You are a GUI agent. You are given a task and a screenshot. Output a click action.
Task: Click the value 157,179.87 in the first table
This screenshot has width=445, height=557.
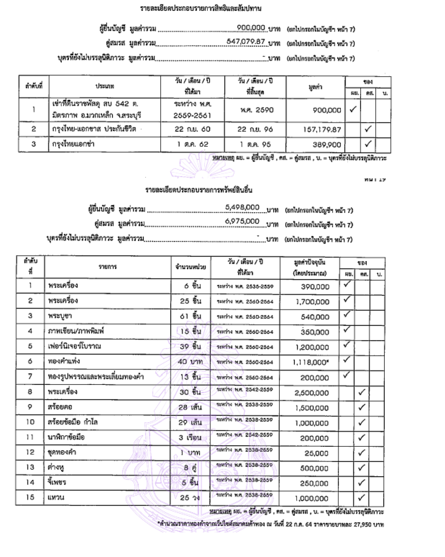[x=322, y=129]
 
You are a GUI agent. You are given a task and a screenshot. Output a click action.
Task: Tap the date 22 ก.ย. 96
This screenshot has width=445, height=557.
[x=255, y=129]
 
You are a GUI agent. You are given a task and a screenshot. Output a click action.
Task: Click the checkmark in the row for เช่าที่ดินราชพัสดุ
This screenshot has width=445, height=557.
[x=353, y=109]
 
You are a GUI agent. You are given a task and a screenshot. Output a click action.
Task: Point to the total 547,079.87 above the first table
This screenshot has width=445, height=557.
[x=245, y=42]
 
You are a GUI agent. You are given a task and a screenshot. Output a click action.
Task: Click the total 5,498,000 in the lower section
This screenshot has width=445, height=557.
[x=242, y=207]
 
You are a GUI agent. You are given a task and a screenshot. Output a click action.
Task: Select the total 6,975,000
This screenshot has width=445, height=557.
[x=242, y=221]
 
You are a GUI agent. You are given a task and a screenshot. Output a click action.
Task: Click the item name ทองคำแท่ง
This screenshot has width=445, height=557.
[x=64, y=361]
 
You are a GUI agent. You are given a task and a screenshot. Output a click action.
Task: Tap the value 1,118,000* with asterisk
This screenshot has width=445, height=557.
[x=310, y=362]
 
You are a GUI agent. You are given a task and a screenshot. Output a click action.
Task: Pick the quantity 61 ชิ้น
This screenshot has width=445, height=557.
[x=190, y=316]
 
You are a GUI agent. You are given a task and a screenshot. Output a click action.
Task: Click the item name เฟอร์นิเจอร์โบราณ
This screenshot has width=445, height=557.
[x=74, y=346]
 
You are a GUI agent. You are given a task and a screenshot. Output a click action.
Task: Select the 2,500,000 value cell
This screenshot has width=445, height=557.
[x=311, y=393]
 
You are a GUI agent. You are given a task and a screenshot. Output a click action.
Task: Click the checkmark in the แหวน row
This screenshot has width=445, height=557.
[x=361, y=497]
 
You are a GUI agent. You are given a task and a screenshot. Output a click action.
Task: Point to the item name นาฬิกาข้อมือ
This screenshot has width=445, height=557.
[x=66, y=437]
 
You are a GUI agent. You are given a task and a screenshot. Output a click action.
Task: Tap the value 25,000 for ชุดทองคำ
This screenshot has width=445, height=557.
[x=316, y=453]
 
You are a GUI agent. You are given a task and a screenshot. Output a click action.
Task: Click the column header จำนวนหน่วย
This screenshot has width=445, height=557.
[x=190, y=267]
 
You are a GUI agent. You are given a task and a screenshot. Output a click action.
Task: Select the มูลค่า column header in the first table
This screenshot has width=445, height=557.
[x=315, y=87]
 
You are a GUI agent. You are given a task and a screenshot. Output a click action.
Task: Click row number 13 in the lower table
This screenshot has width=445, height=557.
[x=30, y=467]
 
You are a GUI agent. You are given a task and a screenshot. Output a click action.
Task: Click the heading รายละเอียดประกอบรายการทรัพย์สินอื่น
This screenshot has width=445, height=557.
[x=198, y=190]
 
